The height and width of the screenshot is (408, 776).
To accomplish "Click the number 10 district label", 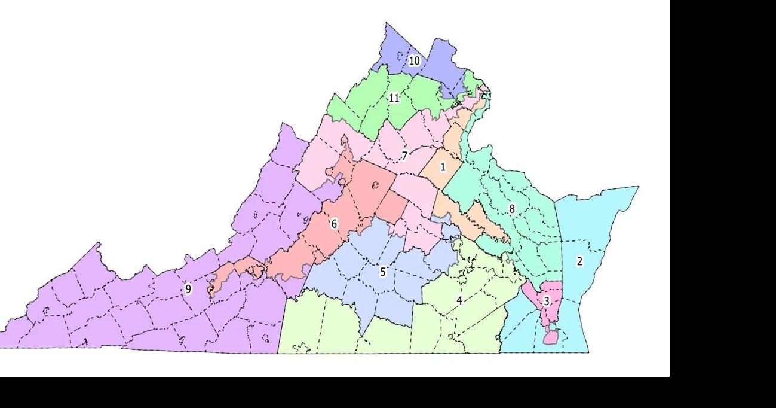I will click(414, 60).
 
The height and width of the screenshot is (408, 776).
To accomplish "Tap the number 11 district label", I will click(394, 98).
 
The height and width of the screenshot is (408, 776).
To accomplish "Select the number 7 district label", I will click(404, 156).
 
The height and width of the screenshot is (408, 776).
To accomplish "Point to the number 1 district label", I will click(443, 167).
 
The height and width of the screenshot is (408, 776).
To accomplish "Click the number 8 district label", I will click(512, 209).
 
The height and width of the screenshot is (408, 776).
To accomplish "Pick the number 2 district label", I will click(579, 261).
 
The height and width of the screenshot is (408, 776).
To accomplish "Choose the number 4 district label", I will click(459, 300).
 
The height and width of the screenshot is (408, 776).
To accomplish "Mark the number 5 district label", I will click(383, 272).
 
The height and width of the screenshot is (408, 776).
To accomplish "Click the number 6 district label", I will click(334, 224).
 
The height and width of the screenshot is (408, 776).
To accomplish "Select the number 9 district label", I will click(188, 289).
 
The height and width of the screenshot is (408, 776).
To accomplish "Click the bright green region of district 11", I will click(364, 108).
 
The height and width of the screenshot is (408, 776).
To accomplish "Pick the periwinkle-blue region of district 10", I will click(442, 60).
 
